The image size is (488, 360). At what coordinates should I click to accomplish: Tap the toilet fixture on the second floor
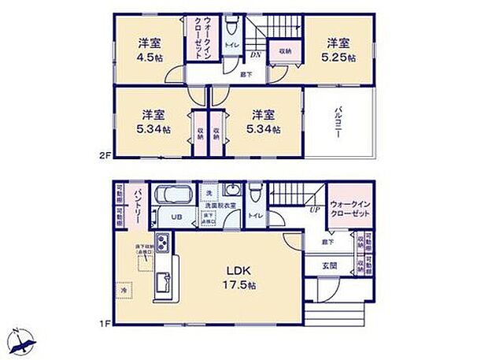click(231, 28)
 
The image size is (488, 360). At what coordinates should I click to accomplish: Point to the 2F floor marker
click(105, 157)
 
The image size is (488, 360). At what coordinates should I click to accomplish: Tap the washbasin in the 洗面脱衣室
click(232, 191)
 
